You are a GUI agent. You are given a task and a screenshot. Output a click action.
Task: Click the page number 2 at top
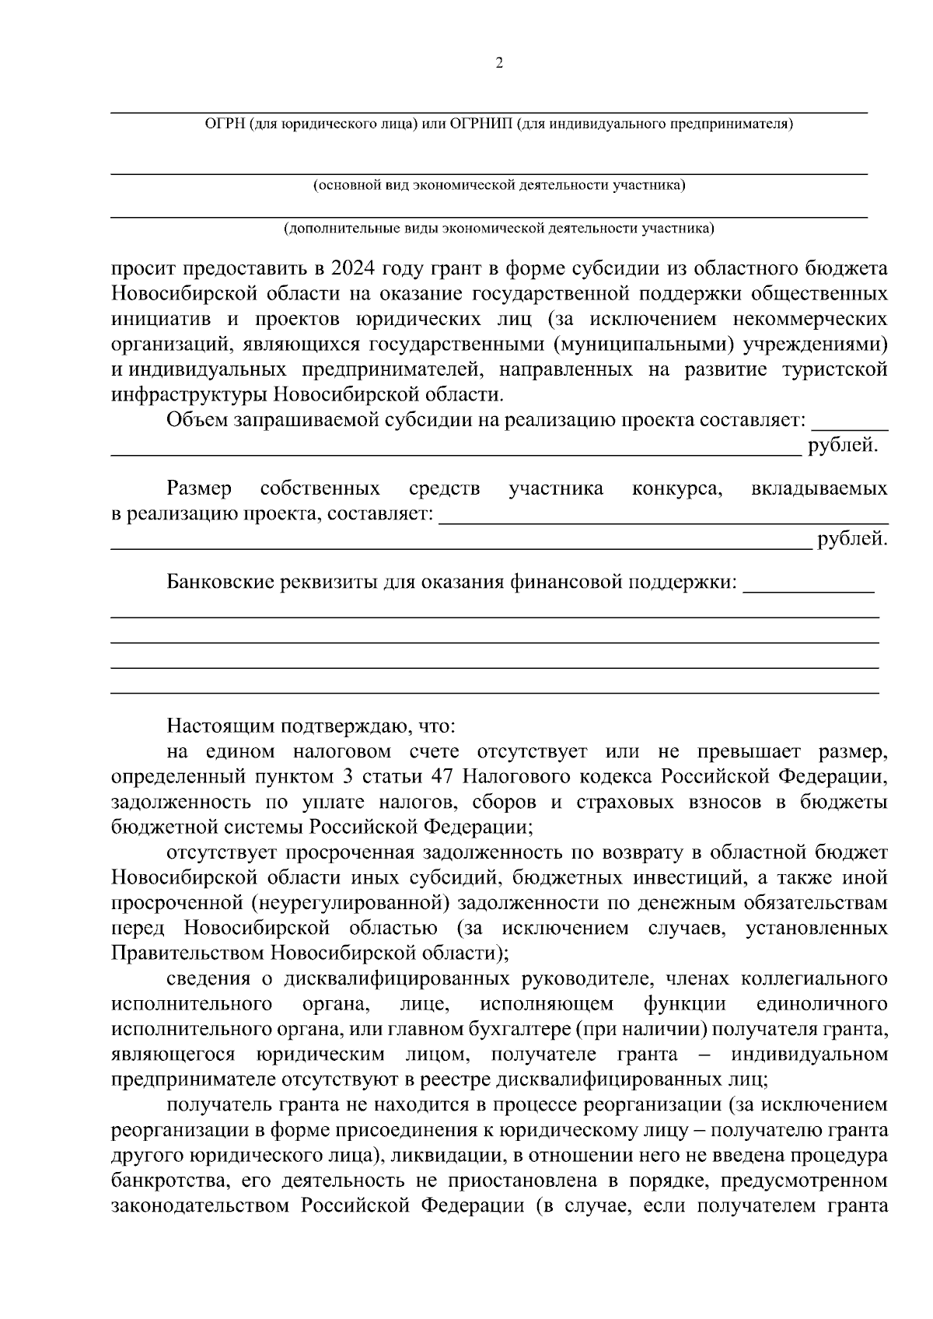click(x=499, y=63)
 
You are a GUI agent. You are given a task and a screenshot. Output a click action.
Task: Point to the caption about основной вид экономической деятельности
click(x=499, y=186)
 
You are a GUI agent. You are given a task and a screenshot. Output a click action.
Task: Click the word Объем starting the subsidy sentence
click(x=194, y=421)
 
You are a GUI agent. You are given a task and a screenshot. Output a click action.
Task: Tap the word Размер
click(x=199, y=488)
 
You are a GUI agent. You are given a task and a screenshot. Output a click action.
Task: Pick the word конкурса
click(x=678, y=488)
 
